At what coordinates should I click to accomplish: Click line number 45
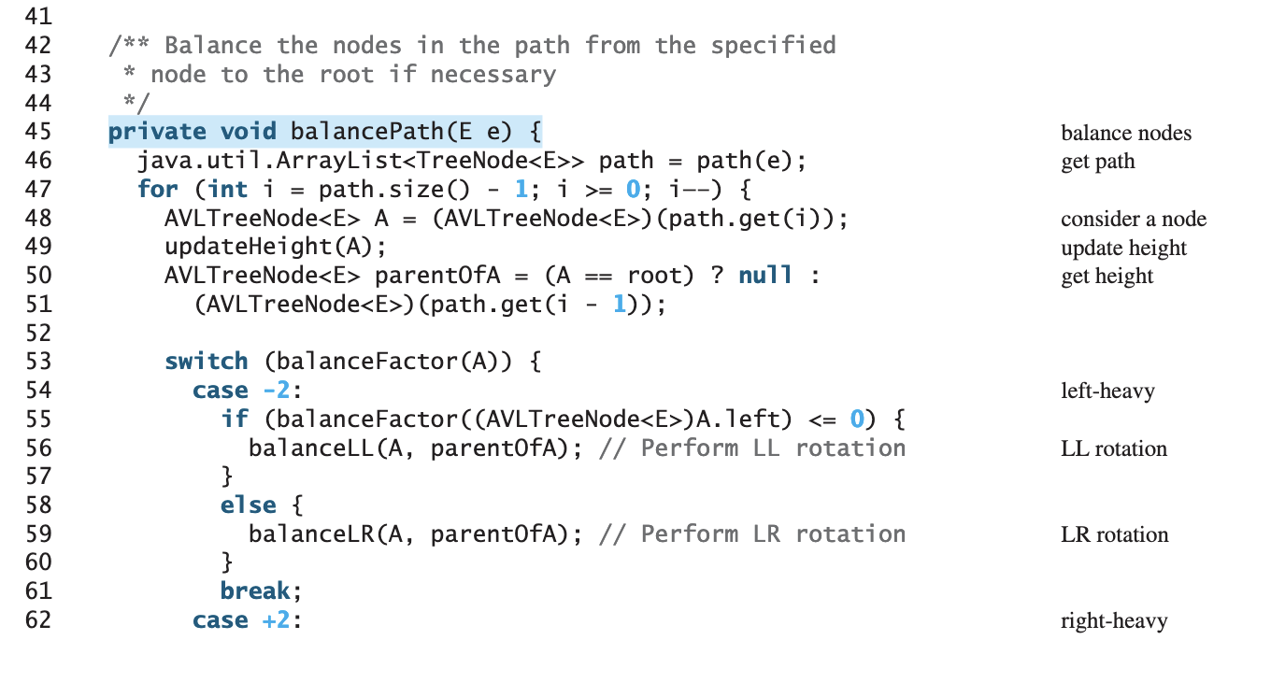click(37, 132)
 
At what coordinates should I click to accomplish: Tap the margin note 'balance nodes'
click(1126, 134)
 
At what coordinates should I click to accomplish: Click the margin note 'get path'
click(1098, 162)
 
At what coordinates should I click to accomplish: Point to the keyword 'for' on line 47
click(157, 190)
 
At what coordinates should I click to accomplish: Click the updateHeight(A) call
click(275, 247)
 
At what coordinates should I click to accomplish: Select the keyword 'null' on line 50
click(765, 276)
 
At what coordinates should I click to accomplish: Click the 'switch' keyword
click(207, 362)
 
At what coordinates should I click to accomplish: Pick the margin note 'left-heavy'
click(1107, 391)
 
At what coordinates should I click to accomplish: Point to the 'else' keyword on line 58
click(248, 505)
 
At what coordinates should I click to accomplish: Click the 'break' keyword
click(254, 591)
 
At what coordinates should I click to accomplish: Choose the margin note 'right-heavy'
click(1114, 621)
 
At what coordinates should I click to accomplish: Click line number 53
click(37, 362)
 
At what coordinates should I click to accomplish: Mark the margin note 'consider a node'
click(1134, 220)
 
